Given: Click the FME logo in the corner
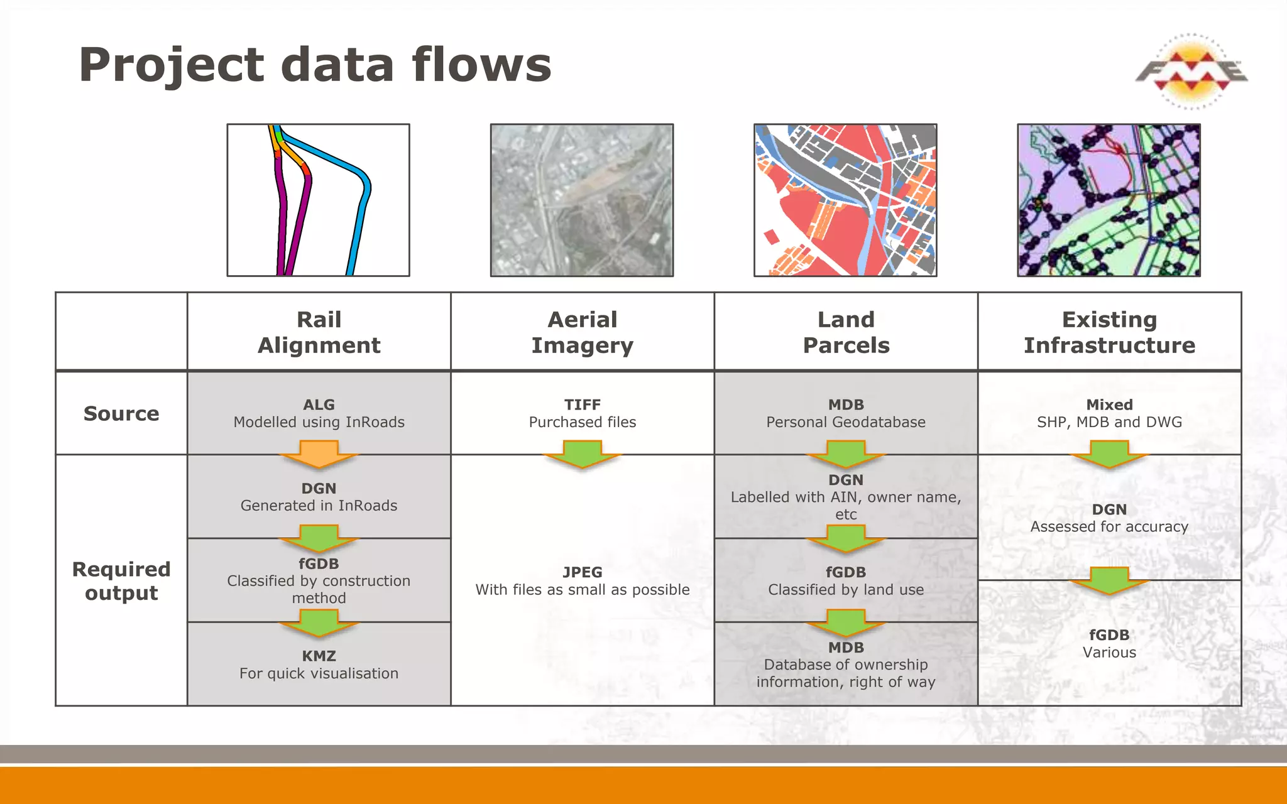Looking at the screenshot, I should point(1191,71).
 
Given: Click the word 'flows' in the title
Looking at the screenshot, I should point(481,65).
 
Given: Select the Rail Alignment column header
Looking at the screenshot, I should point(319,332).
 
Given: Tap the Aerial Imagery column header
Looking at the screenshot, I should point(582,332).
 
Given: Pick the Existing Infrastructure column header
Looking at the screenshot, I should point(1109,332).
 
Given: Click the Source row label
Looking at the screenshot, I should point(121,413).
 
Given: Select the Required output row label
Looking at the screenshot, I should point(121,580).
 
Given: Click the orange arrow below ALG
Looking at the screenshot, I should point(319,454).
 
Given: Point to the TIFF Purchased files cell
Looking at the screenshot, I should point(582,413).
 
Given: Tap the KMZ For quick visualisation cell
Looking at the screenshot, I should point(319,665).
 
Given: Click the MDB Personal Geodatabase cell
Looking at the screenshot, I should point(845,413).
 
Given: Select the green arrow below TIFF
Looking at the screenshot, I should point(582,454).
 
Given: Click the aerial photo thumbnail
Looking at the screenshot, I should point(582,200).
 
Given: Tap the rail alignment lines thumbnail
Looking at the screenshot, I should point(319,200).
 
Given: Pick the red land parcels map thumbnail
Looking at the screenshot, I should point(845,200).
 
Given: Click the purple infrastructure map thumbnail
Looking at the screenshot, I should point(1109,200).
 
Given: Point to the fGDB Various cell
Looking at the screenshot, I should point(1109,644).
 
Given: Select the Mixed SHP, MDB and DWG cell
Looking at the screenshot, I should point(1109,413).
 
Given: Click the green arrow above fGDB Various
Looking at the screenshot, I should point(1109,580).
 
